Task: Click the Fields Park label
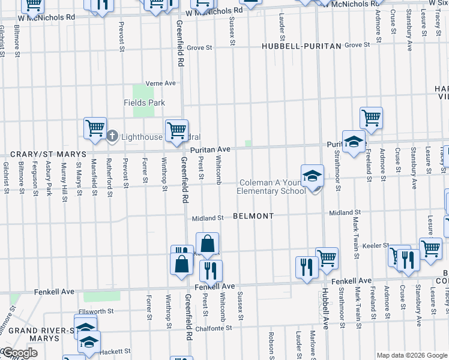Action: (144, 103)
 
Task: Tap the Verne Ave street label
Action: (161, 83)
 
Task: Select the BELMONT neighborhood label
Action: (253, 215)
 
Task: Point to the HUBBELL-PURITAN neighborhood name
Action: (301, 46)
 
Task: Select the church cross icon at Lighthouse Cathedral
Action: (112, 136)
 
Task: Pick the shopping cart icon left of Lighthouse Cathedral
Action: (95, 128)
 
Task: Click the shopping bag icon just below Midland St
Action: (207, 245)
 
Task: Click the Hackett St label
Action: (116, 351)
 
